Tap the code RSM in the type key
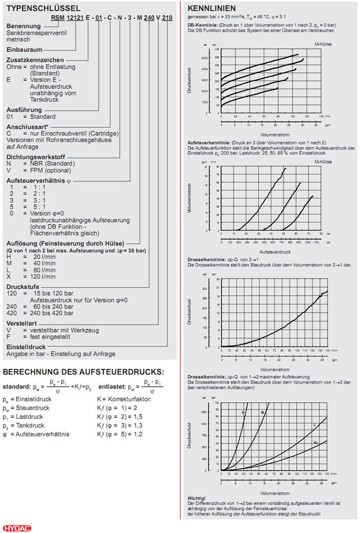coord(57,17)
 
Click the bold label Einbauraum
coord(24,49)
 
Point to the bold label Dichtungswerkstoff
coord(35,156)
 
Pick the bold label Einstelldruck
coord(25,347)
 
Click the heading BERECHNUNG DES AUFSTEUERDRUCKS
coord(83,372)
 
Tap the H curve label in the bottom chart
coord(243,413)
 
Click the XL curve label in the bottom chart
coord(317,442)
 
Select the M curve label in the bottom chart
coord(262,413)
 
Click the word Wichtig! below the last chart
coord(197,499)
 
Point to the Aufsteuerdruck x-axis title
coord(275,252)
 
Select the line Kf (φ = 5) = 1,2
coord(123,434)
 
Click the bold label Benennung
coord(24,26)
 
